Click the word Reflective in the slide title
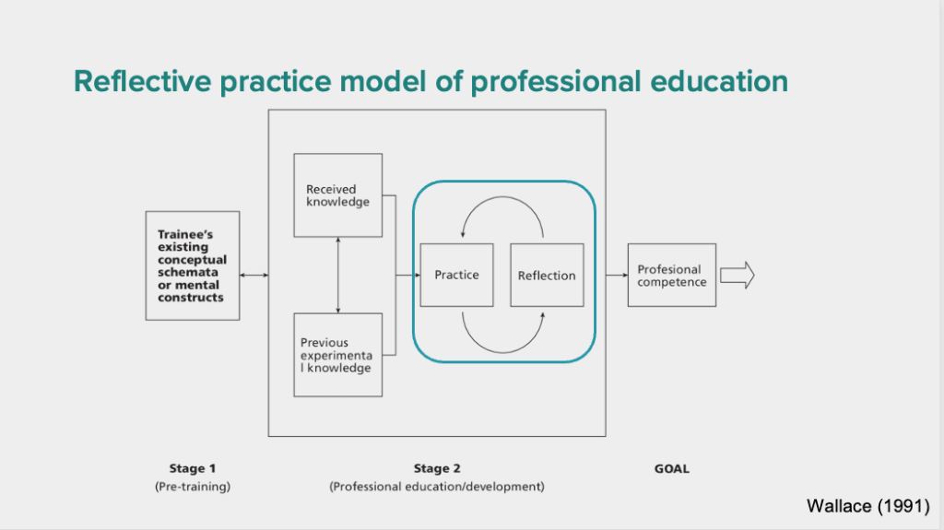tap(143, 81)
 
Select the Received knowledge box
tap(337, 195)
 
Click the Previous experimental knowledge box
tap(337, 355)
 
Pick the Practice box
tap(456, 276)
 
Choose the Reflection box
tap(547, 276)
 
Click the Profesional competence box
tap(672, 276)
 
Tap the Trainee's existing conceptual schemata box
tap(193, 265)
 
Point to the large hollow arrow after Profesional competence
tap(737, 276)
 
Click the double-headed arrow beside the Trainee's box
tap(254, 276)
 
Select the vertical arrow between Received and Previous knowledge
tap(337, 276)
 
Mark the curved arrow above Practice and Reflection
tap(502, 197)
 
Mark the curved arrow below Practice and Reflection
tap(502, 352)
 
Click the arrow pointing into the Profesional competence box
tap(617, 276)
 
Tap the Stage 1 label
tap(192, 468)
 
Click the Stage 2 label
tap(437, 468)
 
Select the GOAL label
tap(672, 468)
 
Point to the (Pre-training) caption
tap(193, 487)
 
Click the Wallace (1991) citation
tap(868, 506)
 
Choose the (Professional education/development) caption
tap(437, 487)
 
